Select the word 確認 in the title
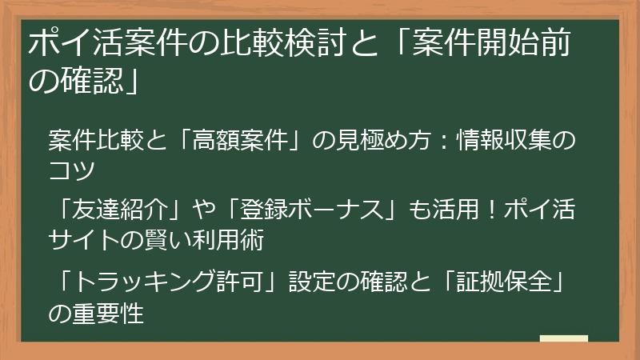tap(88, 81)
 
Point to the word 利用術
tap(234, 239)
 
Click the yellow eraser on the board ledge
tap(564, 339)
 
